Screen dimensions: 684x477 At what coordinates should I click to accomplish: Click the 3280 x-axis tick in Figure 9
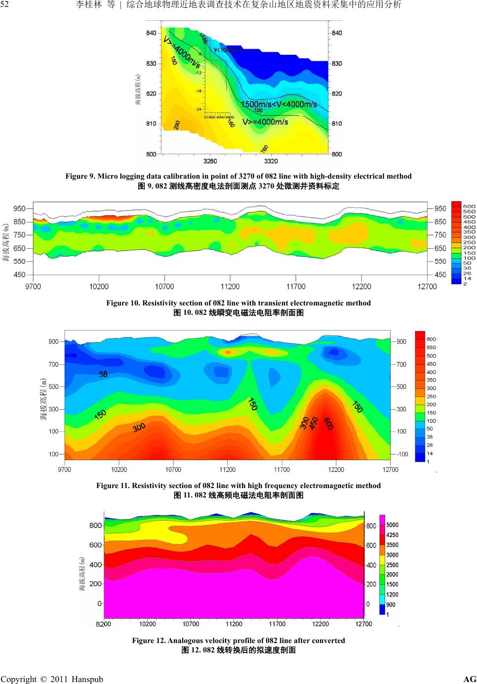click(210, 161)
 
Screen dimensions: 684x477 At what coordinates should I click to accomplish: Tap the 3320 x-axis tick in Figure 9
click(271, 161)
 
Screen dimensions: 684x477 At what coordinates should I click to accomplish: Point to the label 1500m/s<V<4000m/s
click(279, 104)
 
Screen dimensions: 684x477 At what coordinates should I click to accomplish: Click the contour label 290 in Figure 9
click(176, 125)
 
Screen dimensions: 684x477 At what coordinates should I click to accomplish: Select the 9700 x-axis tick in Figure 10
click(33, 286)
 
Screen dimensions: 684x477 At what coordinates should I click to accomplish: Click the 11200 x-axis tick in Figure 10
click(230, 286)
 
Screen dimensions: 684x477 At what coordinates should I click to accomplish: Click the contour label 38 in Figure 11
click(103, 374)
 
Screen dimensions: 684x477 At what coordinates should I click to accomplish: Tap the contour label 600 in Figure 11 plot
click(328, 423)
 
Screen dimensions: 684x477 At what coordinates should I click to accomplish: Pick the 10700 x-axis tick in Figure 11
click(173, 469)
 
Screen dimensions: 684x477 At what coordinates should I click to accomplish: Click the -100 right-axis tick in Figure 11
click(402, 454)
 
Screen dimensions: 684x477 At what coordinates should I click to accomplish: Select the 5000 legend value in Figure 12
click(393, 525)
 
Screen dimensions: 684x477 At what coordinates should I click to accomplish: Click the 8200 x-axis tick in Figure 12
click(103, 624)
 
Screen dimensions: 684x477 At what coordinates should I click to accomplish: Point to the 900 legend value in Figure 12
click(391, 605)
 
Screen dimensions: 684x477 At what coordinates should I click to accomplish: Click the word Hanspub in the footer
click(87, 679)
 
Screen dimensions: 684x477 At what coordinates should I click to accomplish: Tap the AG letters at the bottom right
click(470, 679)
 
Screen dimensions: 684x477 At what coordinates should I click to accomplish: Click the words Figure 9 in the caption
click(79, 176)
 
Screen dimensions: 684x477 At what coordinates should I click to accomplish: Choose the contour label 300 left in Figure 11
click(139, 428)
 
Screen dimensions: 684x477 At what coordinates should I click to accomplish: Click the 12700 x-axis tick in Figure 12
click(364, 624)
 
